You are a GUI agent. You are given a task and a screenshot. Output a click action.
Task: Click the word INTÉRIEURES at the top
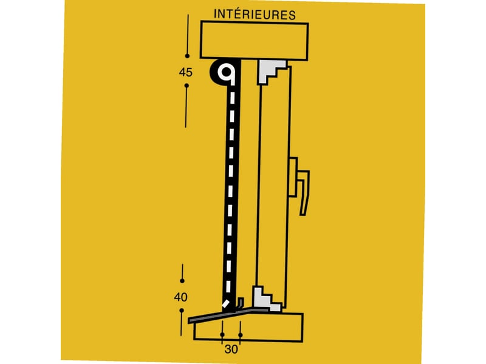point(255,15)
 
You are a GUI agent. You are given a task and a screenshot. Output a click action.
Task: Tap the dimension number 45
point(186,72)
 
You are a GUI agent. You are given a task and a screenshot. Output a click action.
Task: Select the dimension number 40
point(180,297)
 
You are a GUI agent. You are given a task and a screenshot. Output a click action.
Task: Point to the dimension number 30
point(231,349)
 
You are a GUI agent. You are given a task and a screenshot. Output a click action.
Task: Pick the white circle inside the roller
point(226,72)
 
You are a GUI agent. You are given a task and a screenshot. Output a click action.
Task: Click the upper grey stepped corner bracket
point(271,72)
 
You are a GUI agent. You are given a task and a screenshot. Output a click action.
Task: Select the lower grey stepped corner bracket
point(267,299)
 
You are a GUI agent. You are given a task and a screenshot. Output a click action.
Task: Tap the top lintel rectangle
point(254,40)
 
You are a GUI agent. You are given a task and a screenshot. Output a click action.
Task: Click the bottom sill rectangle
point(248,328)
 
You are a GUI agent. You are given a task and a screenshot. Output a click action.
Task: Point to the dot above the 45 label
point(187,56)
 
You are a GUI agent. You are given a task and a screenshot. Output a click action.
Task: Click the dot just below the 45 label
point(187,86)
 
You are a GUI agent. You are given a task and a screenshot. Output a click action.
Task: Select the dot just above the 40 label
point(182,281)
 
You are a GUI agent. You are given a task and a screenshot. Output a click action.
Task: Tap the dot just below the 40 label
point(182,310)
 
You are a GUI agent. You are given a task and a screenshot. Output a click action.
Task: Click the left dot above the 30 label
point(222,335)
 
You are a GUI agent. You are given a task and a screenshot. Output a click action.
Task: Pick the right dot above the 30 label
point(241,335)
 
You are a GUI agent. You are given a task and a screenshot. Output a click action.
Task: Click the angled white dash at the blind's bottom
point(226,303)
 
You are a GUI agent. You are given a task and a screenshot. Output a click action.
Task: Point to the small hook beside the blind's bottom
point(240,303)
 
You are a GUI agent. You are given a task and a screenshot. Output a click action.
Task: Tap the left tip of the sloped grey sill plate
point(188,321)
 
